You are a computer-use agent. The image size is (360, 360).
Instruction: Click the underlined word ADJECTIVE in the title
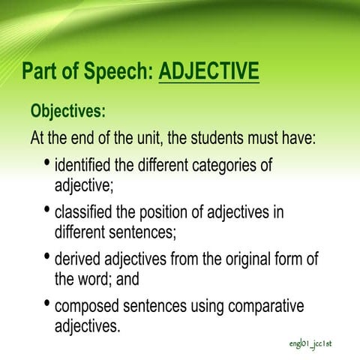point(209,72)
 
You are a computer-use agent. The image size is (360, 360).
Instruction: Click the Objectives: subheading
point(67,112)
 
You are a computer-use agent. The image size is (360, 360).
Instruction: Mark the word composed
point(92,307)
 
